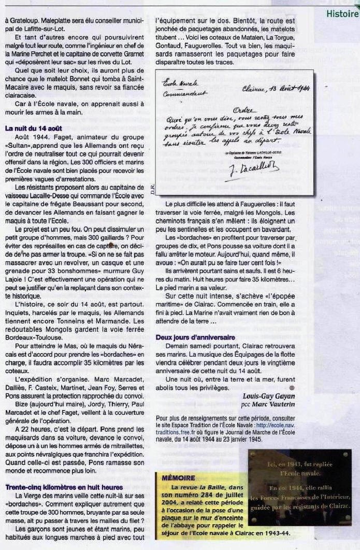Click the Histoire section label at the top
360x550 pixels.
(x=342, y=14)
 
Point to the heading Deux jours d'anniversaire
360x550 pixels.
(x=195, y=337)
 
